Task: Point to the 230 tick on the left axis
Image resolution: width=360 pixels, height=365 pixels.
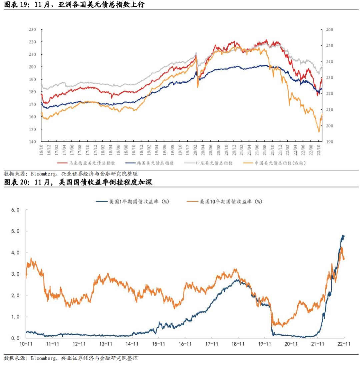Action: (32, 30)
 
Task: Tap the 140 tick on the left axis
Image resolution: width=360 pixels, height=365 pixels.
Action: (32, 142)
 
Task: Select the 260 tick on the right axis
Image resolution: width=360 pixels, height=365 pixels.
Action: (330, 30)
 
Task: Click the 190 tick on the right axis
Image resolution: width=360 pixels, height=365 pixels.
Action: (330, 142)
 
